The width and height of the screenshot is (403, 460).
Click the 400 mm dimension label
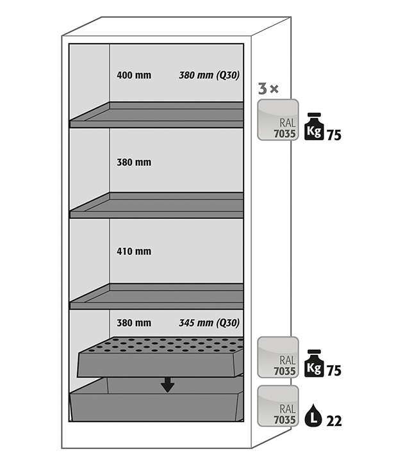point(134,76)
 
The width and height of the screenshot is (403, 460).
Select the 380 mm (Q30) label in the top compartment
point(209,76)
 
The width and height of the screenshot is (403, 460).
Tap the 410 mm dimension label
point(134,251)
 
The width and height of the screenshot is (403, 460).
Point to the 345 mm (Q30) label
point(209,323)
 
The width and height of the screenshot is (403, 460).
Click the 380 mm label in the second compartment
point(134,162)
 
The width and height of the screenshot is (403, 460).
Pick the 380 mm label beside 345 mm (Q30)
point(134,323)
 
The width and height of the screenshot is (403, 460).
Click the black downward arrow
point(167,385)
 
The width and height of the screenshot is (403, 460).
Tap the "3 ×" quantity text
point(268,88)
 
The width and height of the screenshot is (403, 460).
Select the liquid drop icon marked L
point(313,415)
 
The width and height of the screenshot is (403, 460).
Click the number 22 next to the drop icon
point(334,422)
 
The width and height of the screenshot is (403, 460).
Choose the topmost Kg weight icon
point(314,126)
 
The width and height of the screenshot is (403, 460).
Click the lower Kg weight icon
point(314,363)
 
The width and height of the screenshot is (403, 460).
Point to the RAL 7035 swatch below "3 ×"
point(278,120)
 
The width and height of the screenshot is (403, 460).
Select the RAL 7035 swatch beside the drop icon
point(278,406)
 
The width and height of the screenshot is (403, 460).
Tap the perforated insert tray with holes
point(160,357)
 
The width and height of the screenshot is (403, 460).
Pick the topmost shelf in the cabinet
point(156,115)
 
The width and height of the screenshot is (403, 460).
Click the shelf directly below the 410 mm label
point(156,296)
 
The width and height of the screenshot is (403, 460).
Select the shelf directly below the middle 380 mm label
point(156,205)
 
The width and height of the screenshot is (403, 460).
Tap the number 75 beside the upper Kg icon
point(334,135)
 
